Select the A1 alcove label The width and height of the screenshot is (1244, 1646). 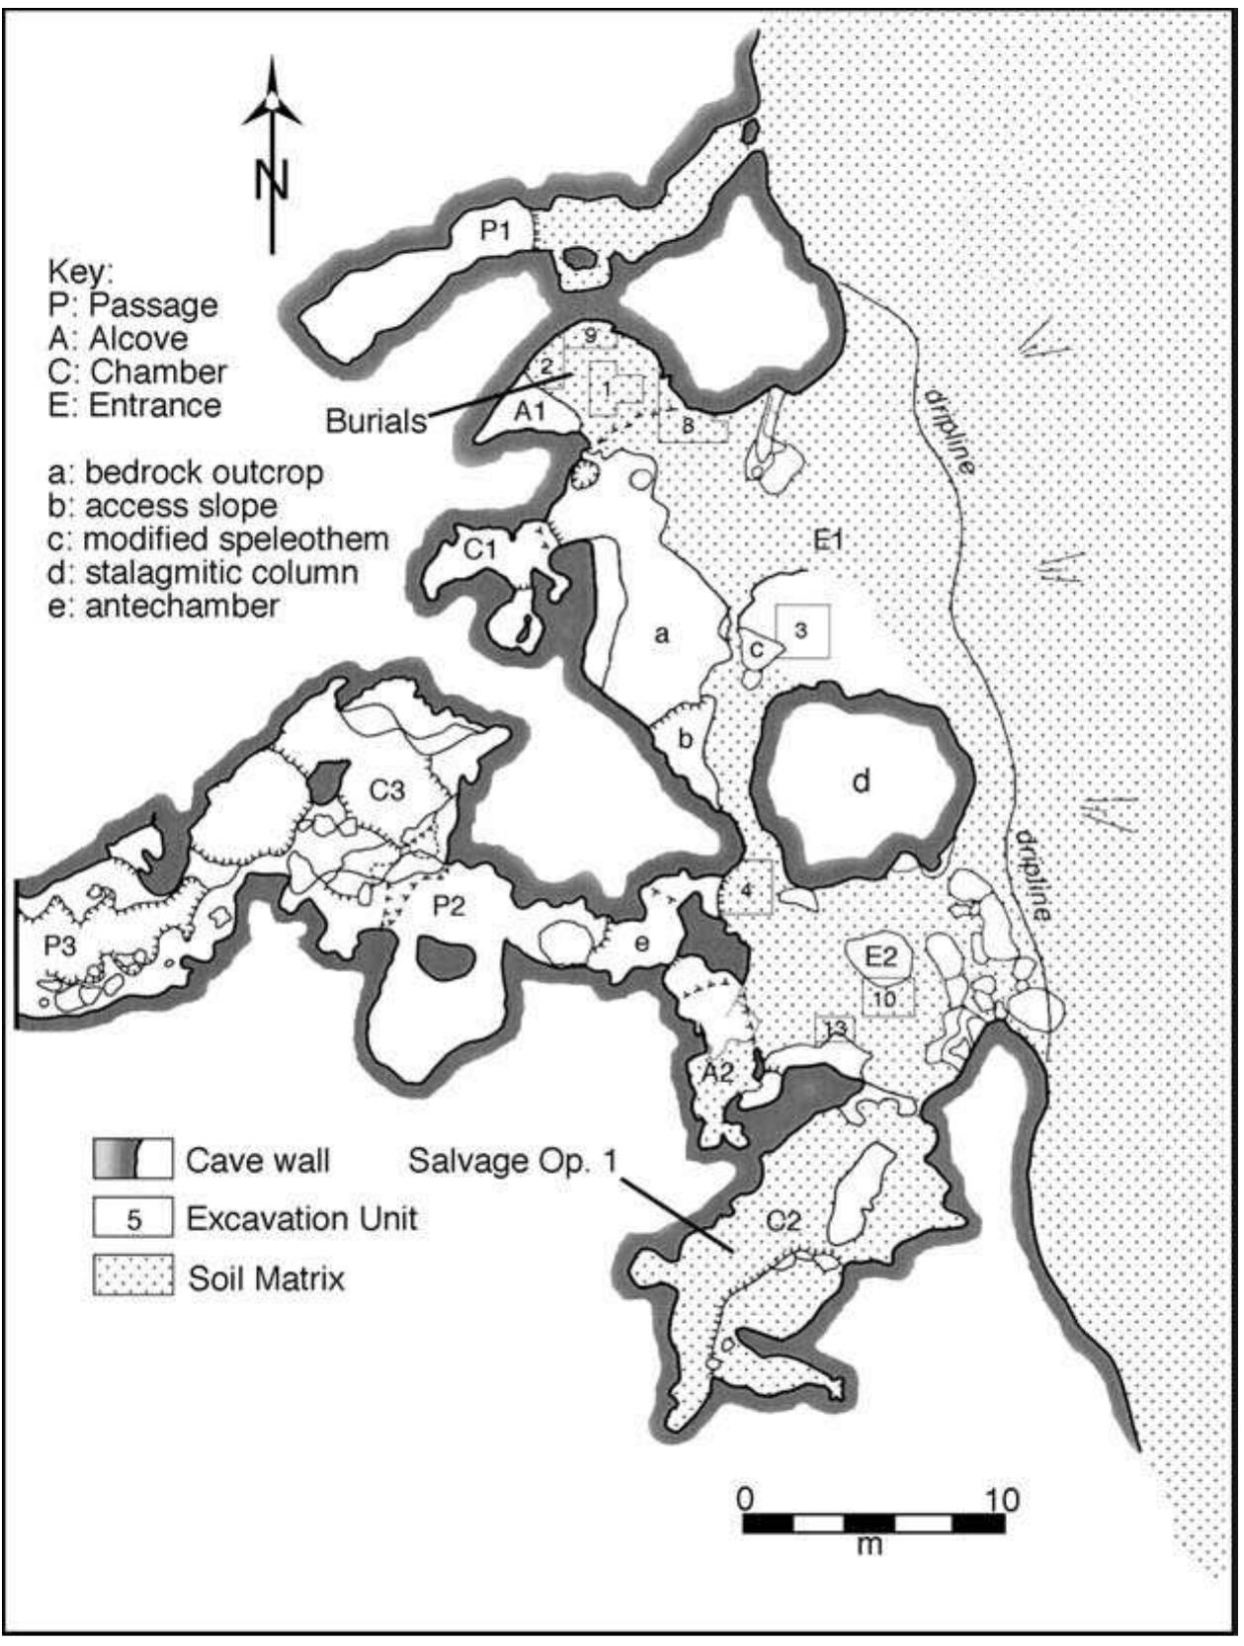(x=530, y=411)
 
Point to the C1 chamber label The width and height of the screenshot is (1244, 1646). (x=480, y=547)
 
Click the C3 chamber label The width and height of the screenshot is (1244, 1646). (x=387, y=789)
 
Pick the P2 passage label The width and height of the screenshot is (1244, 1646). (x=449, y=905)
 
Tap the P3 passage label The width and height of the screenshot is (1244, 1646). (x=59, y=946)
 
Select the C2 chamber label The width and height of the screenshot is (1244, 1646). (x=784, y=1221)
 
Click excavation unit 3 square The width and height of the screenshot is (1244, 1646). (x=802, y=629)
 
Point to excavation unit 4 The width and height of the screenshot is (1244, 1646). (x=747, y=890)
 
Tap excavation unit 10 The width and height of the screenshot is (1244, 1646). (x=886, y=998)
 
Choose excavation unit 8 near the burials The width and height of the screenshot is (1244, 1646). (x=689, y=426)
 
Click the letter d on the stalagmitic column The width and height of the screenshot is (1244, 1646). (x=862, y=782)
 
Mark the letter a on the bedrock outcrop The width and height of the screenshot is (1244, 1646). (x=661, y=633)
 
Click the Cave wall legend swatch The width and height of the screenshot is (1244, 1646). (x=132, y=1159)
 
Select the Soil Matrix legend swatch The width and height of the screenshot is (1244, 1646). (x=132, y=1276)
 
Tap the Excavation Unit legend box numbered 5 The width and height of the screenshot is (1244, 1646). (x=133, y=1219)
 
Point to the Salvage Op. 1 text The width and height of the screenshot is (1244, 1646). (x=512, y=1159)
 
